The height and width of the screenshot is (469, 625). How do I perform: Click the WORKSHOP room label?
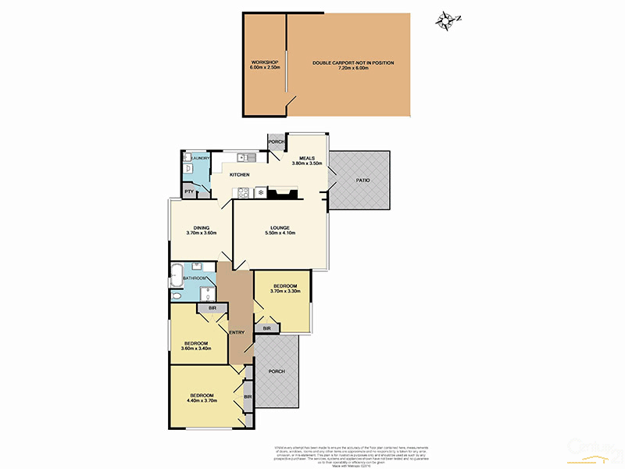[x=264, y=62]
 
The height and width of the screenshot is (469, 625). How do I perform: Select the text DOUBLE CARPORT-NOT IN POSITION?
[x=353, y=63]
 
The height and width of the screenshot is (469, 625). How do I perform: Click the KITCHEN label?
[x=239, y=174]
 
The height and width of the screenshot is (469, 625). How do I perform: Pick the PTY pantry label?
[x=188, y=192]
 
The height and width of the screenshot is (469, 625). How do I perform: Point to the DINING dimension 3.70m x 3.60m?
[x=201, y=233]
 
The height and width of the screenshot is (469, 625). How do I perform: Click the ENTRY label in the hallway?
[x=237, y=333]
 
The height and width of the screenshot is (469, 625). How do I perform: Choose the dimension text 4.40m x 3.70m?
[x=201, y=400]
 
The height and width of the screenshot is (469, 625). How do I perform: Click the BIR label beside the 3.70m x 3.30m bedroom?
[x=266, y=328]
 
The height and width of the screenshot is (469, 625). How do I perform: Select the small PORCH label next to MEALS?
[x=276, y=142]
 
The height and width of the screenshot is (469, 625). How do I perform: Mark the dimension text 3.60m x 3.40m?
[x=195, y=349]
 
